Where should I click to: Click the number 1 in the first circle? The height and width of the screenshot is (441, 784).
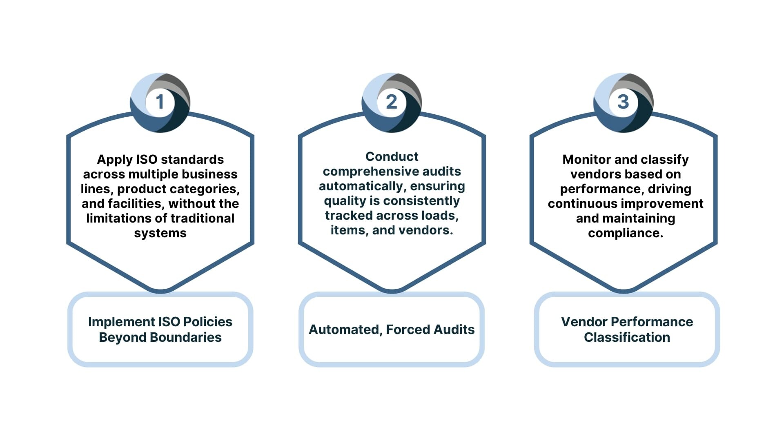pyautogui.click(x=160, y=102)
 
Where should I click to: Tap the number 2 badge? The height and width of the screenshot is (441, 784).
pyautogui.click(x=392, y=102)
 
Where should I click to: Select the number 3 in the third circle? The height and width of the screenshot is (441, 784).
pyautogui.click(x=623, y=102)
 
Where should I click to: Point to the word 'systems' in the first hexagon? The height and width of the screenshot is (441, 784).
pyautogui.click(x=160, y=233)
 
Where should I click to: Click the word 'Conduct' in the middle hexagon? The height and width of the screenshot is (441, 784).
pyautogui.click(x=392, y=156)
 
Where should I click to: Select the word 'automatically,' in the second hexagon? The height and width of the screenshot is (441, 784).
pyautogui.click(x=362, y=186)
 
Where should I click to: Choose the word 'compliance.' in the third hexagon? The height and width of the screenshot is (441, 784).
pyautogui.click(x=626, y=233)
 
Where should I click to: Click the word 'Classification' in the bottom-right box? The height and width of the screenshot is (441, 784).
pyautogui.click(x=627, y=337)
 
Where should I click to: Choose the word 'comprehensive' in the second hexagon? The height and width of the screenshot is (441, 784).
pyautogui.click(x=365, y=171)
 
